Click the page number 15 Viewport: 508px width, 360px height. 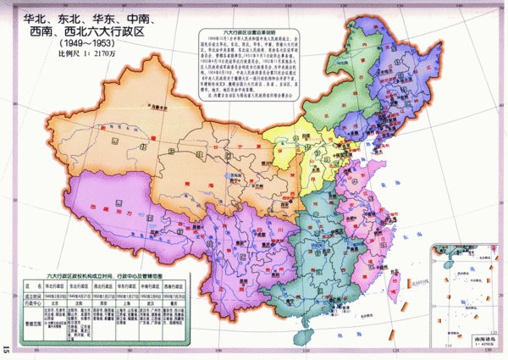tap(7, 347)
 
